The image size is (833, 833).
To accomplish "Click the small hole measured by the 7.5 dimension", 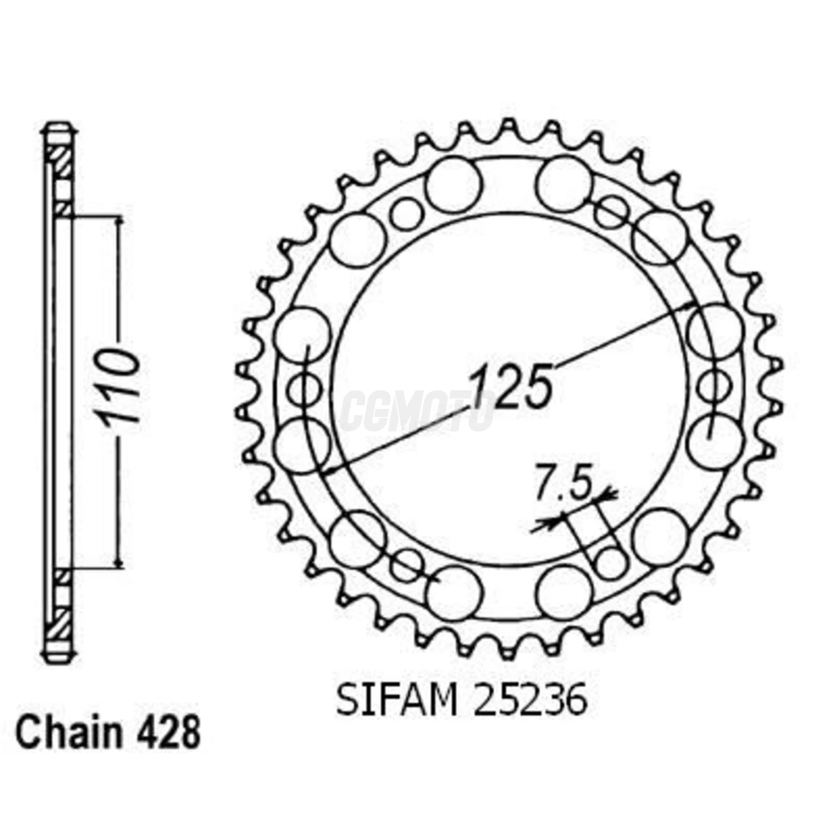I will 611,560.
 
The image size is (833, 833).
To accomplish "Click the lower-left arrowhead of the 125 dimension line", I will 328,472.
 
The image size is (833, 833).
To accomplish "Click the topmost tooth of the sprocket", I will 509,126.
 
